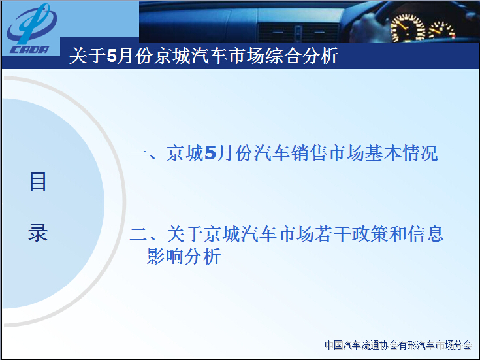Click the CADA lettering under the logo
click(29, 50)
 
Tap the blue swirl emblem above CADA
click(32, 24)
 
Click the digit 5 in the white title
click(112, 56)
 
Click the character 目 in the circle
click(38, 182)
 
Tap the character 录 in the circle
click(38, 233)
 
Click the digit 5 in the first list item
click(210, 153)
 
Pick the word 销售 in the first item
click(309, 153)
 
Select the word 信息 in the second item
click(426, 234)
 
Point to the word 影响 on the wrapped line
click(165, 256)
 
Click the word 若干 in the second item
click(333, 234)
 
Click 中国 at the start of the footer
click(334, 345)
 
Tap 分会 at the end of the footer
click(463, 345)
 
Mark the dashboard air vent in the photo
click(298, 32)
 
